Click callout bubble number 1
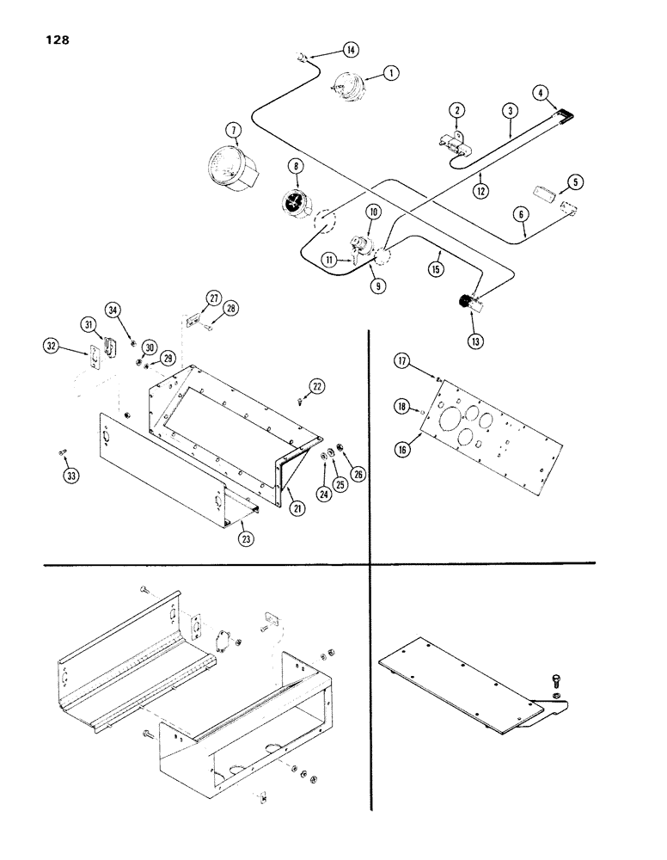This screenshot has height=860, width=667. [x=390, y=74]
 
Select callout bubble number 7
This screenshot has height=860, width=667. [x=230, y=130]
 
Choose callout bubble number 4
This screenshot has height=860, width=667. [x=541, y=90]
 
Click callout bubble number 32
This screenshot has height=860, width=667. [x=51, y=347]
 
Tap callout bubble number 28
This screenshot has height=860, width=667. [x=230, y=308]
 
